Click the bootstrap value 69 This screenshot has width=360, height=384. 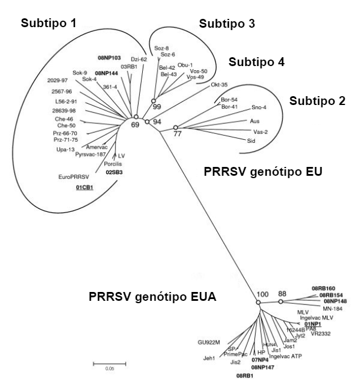[x=134, y=125]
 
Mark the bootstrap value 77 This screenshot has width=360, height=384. [x=176, y=134]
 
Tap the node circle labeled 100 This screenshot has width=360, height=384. [x=258, y=303]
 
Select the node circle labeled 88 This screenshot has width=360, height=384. [x=281, y=302]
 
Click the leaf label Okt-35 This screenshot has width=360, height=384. [x=219, y=85]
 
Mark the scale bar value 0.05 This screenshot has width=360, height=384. [x=102, y=369]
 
